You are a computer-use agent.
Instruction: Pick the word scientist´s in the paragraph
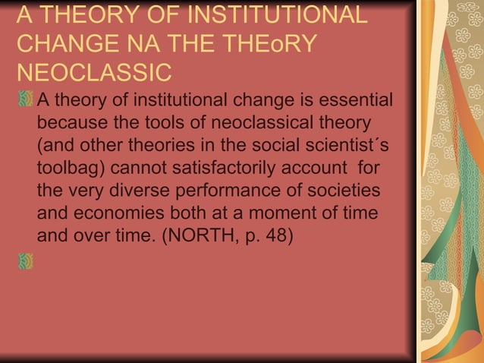point(335,145)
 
